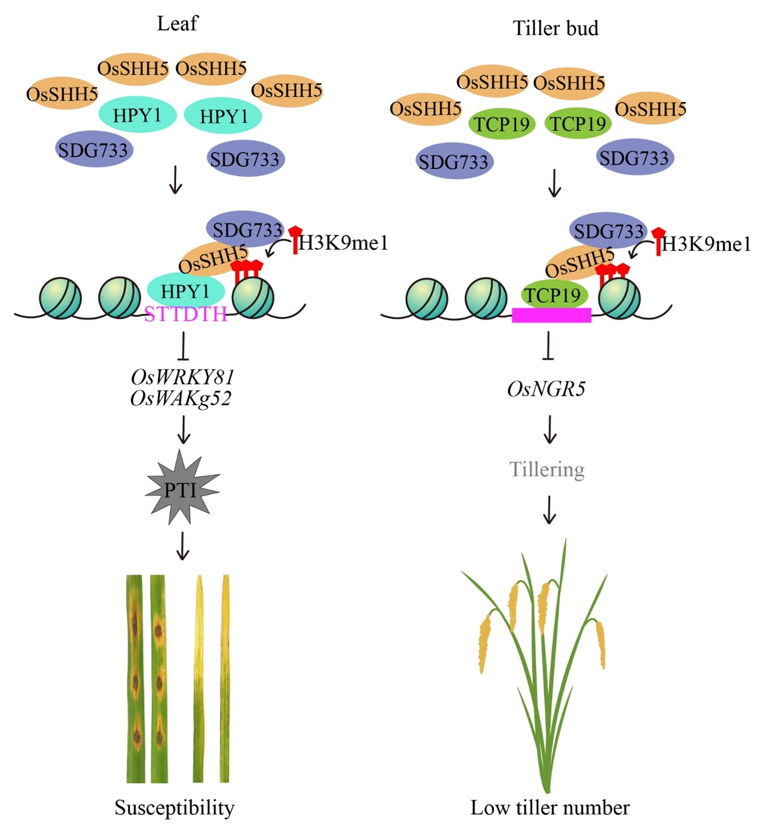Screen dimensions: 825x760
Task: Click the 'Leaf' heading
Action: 177,24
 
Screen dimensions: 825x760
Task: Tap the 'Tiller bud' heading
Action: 555,28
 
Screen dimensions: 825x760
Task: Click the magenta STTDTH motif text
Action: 186,314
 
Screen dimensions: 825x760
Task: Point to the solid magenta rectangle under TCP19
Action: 551,315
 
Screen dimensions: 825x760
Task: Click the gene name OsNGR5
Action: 546,389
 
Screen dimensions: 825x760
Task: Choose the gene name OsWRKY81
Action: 182,376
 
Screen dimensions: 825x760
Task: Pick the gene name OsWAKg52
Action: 181,398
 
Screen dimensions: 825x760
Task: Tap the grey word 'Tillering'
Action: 547,469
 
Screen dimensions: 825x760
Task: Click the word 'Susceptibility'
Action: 174,808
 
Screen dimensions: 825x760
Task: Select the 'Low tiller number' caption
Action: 550,808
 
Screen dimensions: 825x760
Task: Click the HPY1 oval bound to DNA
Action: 185,291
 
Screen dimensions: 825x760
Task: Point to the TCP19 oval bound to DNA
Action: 553,295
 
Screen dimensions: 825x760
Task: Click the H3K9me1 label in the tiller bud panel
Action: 706,244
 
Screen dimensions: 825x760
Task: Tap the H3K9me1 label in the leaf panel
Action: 343,243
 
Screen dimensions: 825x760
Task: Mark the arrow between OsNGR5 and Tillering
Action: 549,429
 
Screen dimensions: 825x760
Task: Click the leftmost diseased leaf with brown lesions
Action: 136,677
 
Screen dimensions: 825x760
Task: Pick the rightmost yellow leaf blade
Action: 225,677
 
